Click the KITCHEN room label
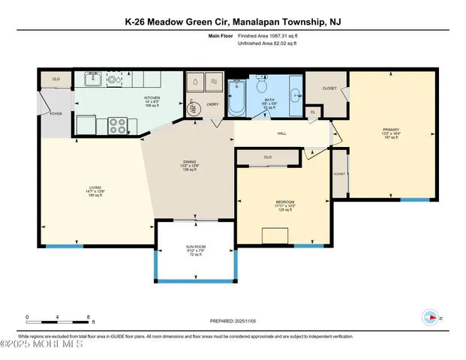click(x=153, y=97)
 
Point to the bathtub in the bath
click(x=236, y=100)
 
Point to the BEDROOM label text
click(x=284, y=202)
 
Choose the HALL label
click(x=281, y=133)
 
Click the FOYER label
click(x=56, y=113)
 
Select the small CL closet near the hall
click(x=312, y=112)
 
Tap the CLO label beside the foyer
click(x=56, y=78)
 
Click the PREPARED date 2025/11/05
click(x=233, y=322)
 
